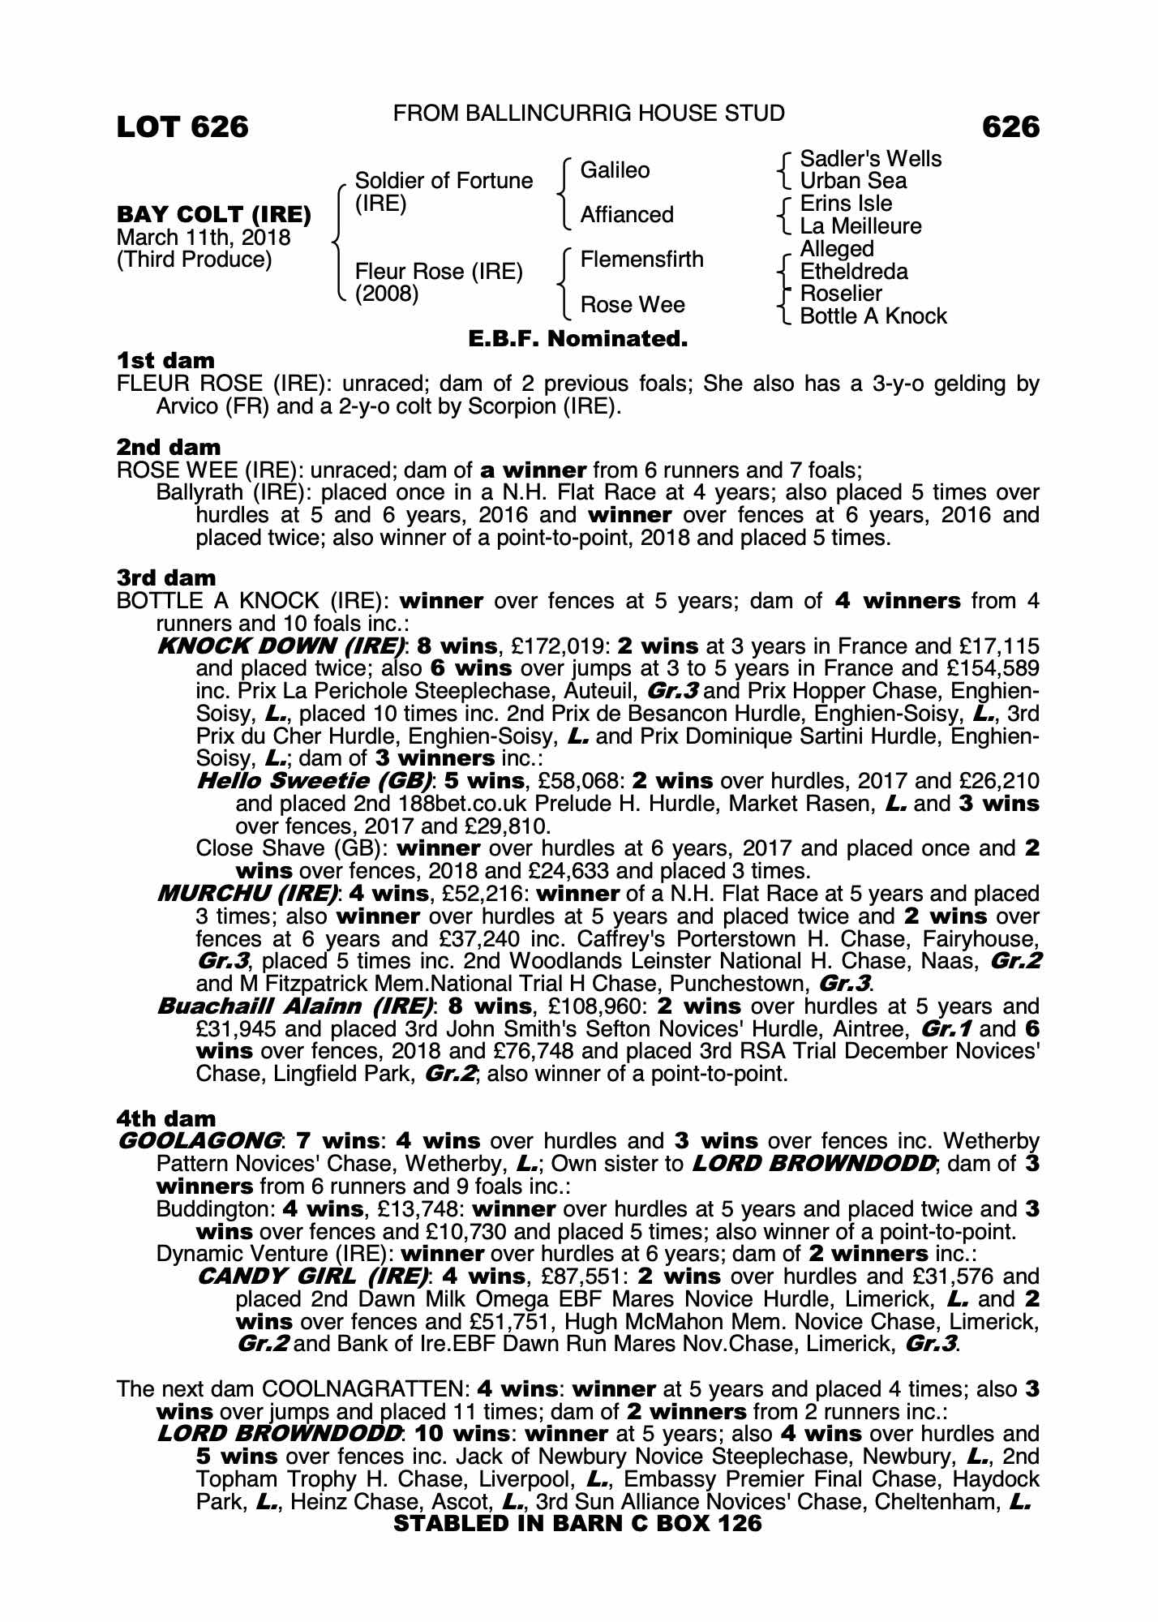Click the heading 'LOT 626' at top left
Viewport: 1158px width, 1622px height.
click(x=182, y=127)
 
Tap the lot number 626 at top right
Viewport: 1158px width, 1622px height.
click(x=1010, y=127)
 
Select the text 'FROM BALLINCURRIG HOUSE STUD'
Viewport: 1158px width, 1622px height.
click(x=589, y=114)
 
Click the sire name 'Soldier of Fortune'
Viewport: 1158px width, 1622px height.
click(x=444, y=180)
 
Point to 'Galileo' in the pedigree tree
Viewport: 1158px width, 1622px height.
click(x=615, y=170)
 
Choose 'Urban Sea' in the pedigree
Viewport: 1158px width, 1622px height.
click(x=853, y=181)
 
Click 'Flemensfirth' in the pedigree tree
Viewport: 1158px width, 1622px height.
click(x=641, y=260)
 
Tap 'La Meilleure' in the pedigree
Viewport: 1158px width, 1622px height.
click(x=860, y=226)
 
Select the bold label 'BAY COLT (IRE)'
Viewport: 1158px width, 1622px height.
click(x=214, y=215)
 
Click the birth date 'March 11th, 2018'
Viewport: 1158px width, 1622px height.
click(x=204, y=238)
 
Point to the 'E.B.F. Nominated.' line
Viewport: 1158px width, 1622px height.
click(x=578, y=339)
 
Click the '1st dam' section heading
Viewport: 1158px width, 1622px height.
click(x=166, y=360)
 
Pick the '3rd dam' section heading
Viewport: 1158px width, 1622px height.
click(x=166, y=578)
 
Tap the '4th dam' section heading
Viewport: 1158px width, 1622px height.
click(x=166, y=1119)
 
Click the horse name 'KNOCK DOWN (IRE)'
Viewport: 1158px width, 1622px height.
click(x=281, y=646)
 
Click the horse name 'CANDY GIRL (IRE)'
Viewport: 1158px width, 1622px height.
click(x=312, y=1277)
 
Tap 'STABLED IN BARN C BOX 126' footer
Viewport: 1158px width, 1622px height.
click(x=577, y=1524)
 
